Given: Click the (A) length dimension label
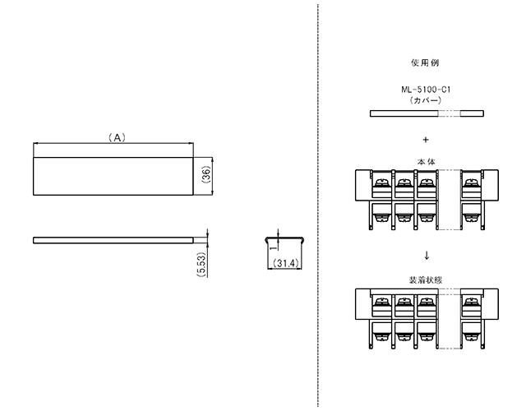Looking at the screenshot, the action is (x=117, y=137).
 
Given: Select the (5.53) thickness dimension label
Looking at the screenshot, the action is (x=201, y=265).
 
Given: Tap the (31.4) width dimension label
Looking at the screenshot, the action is (x=286, y=263).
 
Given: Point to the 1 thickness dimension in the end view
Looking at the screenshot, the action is (x=274, y=247).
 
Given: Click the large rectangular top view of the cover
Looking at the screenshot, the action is (x=113, y=176).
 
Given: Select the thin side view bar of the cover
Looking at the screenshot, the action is (x=113, y=240).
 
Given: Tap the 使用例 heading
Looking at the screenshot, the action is (x=425, y=62).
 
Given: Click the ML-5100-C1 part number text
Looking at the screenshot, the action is (x=426, y=90).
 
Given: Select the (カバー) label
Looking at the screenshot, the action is (x=426, y=100).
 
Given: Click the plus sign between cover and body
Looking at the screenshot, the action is (x=426, y=140).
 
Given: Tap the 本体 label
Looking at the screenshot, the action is (x=426, y=162).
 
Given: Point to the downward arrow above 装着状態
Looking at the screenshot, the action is (x=427, y=256).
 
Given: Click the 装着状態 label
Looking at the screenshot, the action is (x=426, y=279).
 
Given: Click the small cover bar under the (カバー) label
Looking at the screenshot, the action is (x=427, y=113).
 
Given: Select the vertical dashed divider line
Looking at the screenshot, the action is (x=318, y=205).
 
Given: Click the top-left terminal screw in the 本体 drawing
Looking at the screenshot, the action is (x=381, y=182).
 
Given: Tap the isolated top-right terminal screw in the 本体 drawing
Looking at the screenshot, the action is (x=471, y=182).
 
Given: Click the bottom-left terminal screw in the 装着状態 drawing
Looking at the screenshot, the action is (x=381, y=337).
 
